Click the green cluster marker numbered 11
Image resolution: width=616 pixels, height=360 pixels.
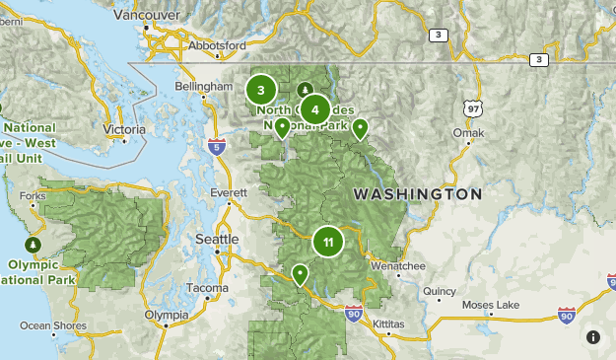point(327,241)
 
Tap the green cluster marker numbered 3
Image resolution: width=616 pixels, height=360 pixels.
point(260,91)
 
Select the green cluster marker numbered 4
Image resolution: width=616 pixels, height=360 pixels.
point(314,110)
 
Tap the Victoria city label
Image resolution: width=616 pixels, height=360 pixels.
point(124,129)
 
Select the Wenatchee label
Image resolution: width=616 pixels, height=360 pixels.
point(397,266)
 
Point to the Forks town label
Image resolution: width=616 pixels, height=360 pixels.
point(33,196)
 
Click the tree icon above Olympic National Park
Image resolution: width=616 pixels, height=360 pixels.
point(33,244)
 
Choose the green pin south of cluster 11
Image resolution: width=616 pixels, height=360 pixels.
point(299,273)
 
